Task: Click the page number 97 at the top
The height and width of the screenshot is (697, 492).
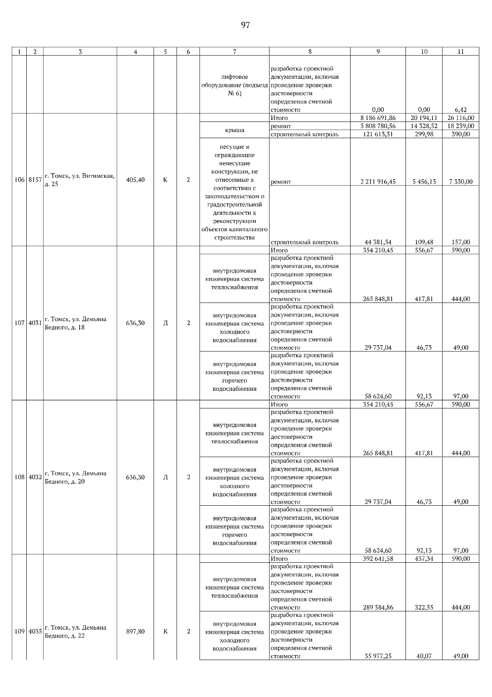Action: (x=245, y=25)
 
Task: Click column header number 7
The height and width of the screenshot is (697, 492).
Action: (x=234, y=52)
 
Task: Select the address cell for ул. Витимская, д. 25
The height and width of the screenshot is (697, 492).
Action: (x=80, y=180)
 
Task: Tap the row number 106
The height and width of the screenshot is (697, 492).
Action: (x=20, y=180)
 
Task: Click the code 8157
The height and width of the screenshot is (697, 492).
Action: (x=35, y=180)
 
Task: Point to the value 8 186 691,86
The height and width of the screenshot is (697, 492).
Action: (x=378, y=118)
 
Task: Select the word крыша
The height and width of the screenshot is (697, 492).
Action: (x=234, y=130)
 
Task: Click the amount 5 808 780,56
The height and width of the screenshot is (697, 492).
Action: (x=378, y=126)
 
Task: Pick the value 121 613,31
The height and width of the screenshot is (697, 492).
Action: (x=378, y=134)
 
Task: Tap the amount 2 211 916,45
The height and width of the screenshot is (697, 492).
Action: (x=378, y=181)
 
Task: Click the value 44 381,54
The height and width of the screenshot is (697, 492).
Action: (x=378, y=242)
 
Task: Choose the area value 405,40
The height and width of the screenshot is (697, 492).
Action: (x=135, y=180)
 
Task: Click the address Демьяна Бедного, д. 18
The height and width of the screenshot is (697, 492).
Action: (x=75, y=323)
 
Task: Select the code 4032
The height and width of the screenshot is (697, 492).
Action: (x=35, y=477)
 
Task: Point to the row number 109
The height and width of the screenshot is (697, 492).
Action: (x=20, y=631)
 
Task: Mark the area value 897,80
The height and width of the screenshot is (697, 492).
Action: (x=135, y=631)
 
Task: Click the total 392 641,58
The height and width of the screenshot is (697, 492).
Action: (x=378, y=559)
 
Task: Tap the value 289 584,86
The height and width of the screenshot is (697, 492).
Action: (x=378, y=608)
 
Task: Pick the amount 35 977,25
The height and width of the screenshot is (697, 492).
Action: (x=378, y=656)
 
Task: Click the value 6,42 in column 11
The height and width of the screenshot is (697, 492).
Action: (x=461, y=110)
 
